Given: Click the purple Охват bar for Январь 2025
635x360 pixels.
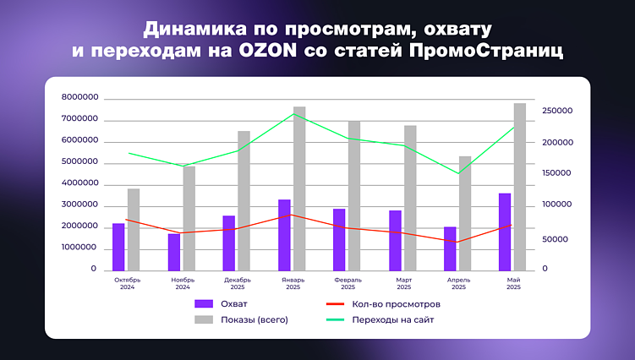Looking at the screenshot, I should click(284, 235).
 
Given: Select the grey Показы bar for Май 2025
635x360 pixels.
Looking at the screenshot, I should click(520, 186).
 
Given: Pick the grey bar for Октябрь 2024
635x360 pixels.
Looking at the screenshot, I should click(134, 229).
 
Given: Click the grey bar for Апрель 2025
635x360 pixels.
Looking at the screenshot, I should click(465, 213).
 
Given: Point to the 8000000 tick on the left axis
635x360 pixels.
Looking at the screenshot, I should click(80, 98).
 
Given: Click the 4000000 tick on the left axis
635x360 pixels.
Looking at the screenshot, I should click(80, 183).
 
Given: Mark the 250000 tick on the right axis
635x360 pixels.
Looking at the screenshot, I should click(557, 111).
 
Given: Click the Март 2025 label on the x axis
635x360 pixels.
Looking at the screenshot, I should click(403, 283).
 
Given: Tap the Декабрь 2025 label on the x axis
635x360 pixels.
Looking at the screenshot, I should click(238, 283).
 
